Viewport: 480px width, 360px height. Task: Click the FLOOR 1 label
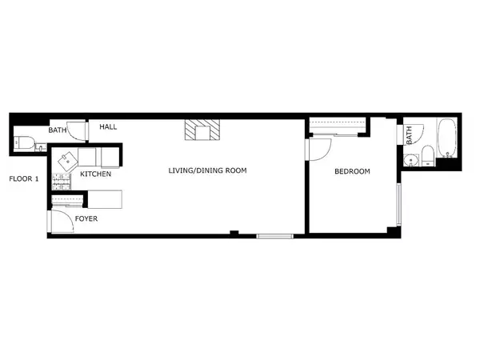coord(23,178)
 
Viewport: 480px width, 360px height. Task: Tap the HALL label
coord(108,126)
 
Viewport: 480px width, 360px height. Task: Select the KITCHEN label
coord(95,174)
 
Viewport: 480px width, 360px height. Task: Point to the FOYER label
coord(86,218)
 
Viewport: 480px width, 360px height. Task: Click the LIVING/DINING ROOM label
coord(207,170)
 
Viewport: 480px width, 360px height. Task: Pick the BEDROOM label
coord(352,171)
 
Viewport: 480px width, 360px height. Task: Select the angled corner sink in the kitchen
coord(66,157)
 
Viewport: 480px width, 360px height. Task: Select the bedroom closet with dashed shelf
coord(338,125)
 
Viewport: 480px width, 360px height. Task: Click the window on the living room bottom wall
coord(274,235)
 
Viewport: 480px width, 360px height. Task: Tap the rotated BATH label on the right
coord(409,138)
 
